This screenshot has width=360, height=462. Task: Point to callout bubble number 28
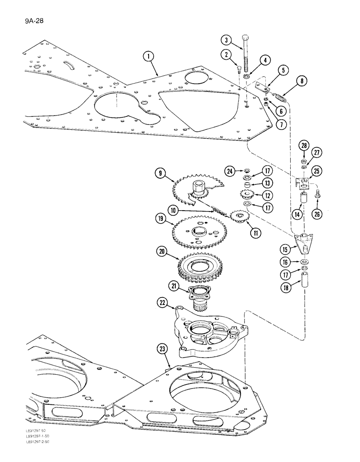tap(304, 147)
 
